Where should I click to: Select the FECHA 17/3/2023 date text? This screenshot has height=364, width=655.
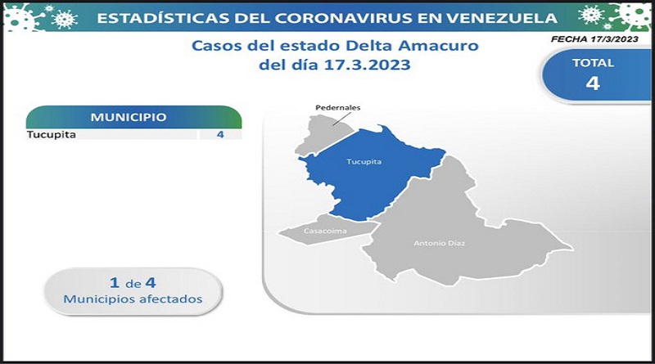pos(594,39)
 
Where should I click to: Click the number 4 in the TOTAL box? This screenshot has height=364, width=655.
pos(593,83)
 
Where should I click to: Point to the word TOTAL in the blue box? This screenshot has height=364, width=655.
pos(593,63)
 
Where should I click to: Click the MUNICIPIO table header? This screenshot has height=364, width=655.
pos(129,117)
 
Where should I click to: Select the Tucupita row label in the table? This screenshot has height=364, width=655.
pos(52,135)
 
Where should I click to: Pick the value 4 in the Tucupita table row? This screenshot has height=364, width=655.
pos(220,134)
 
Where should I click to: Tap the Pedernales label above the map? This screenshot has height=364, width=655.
pos(337,107)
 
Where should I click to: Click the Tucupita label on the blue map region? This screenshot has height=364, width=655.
pos(364,161)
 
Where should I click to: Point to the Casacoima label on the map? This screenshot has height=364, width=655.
pos(325,231)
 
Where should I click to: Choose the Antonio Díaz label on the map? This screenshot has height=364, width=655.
pos(439,243)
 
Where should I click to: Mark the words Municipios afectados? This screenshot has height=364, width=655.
pos(133,299)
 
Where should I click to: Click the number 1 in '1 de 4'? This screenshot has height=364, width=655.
pos(115,283)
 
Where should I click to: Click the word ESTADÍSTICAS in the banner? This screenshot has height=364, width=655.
pos(163,18)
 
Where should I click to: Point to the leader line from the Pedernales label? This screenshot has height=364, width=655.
pos(342,119)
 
